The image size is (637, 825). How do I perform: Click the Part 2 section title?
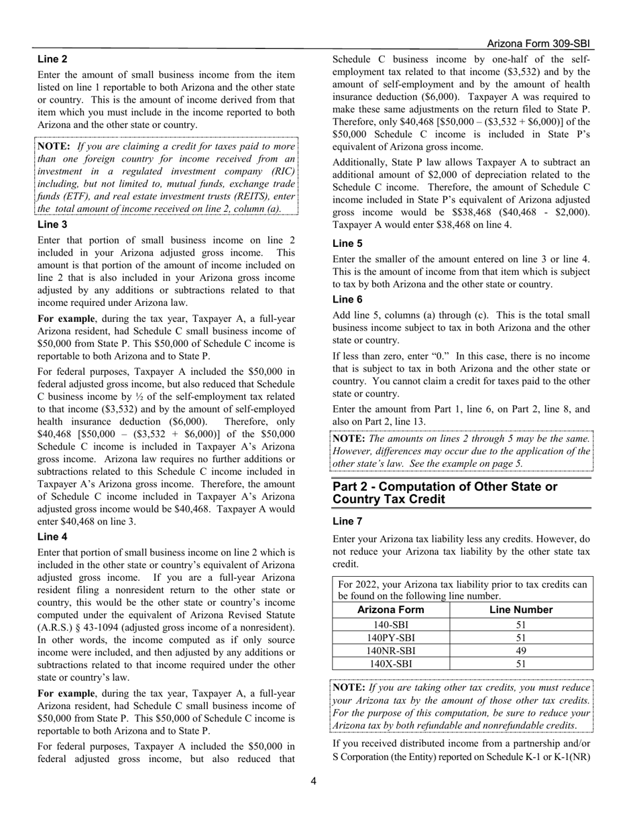445,493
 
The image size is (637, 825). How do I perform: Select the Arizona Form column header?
391,610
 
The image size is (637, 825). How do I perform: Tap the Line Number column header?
521,610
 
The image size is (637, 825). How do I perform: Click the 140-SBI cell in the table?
391,624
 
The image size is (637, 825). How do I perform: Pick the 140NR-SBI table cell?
391,651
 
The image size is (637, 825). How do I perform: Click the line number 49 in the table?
521,651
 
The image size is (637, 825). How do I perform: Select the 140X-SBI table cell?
391,664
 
